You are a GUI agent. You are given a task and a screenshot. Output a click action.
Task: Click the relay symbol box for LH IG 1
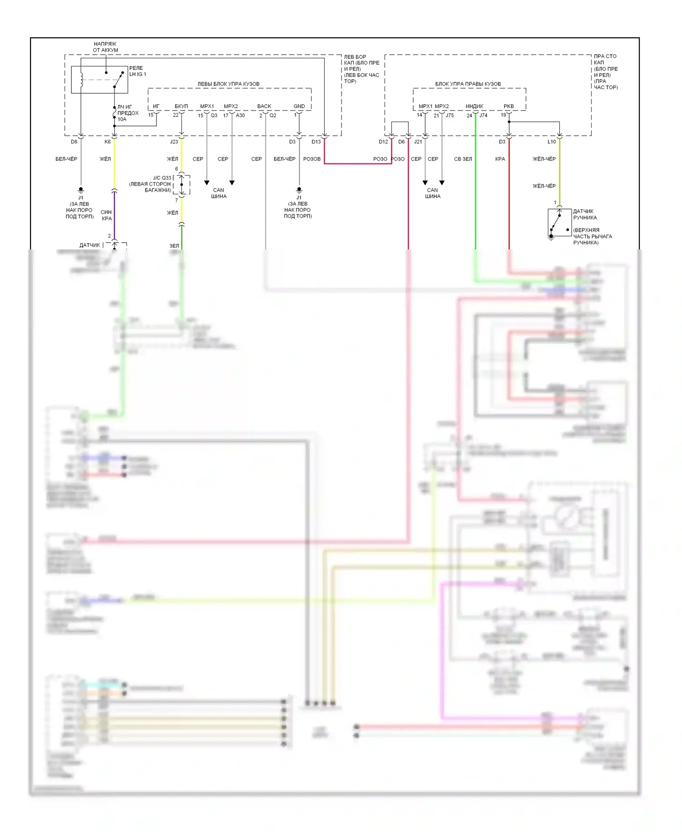[99, 80]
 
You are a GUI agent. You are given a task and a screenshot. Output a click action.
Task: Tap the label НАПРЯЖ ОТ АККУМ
[105, 47]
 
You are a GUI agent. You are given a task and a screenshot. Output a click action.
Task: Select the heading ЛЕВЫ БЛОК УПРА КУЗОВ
[228, 84]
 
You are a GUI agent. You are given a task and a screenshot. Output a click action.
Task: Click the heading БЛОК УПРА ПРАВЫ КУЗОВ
[468, 84]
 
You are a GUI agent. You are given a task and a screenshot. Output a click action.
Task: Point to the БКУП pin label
[181, 107]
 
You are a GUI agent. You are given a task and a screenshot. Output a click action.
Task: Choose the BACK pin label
[264, 107]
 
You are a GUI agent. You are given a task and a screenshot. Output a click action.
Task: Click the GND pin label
[299, 107]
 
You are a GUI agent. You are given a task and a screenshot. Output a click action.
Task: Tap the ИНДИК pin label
[474, 107]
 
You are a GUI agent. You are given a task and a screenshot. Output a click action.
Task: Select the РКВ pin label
[509, 107]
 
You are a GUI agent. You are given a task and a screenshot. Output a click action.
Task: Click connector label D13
[316, 142]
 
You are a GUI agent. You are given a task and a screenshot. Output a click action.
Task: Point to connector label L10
[552, 142]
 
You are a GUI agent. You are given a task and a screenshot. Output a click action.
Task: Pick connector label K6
[107, 142]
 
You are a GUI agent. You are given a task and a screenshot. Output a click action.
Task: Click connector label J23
[174, 142]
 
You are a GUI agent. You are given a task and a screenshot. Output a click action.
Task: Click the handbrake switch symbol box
[559, 223]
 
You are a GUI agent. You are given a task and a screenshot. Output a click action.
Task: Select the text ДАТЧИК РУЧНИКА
[585, 214]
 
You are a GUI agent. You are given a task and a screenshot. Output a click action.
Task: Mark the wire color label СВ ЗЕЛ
[463, 159]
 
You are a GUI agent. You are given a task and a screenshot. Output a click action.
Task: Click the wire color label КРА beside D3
[500, 159]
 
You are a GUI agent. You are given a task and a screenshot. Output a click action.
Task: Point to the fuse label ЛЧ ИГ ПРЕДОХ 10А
[128, 113]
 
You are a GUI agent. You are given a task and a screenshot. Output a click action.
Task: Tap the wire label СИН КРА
[106, 215]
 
